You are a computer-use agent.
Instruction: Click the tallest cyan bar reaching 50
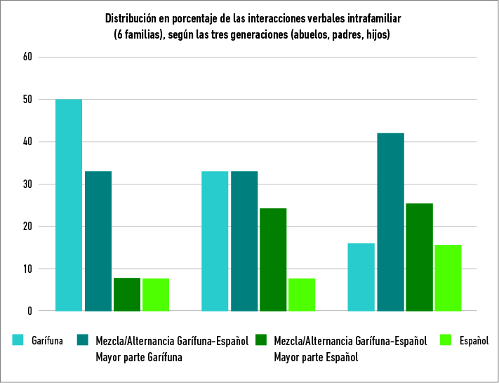pyautogui.click(x=69, y=205)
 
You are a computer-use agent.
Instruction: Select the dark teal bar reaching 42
pyautogui.click(x=390, y=222)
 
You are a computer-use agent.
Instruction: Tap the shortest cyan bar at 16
pyautogui.click(x=361, y=277)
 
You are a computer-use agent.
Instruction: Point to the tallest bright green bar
pyautogui.click(x=448, y=278)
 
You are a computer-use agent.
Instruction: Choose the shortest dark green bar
pyautogui.click(x=127, y=294)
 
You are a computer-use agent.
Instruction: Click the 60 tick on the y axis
pyautogui.click(x=28, y=57)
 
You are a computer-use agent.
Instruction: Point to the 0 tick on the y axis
pyautogui.click(x=30, y=311)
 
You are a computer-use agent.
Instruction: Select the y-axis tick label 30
pyautogui.click(x=28, y=184)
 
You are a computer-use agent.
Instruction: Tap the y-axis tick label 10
pyautogui.click(x=28, y=269)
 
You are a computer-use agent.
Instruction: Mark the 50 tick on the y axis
pyautogui.click(x=28, y=100)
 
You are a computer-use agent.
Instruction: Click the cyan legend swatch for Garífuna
pyautogui.click(x=19, y=341)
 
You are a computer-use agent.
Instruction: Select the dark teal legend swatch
pyautogui.click(x=82, y=341)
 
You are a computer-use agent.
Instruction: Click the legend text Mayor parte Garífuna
pyautogui.click(x=138, y=357)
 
